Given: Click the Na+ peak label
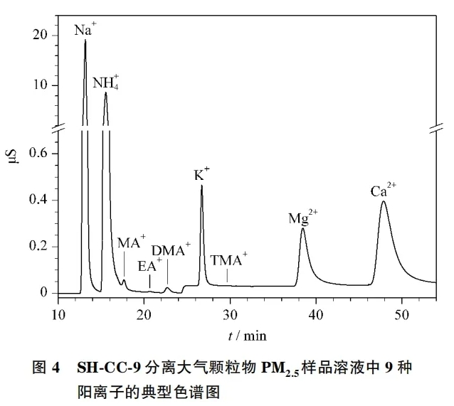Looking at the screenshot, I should (85, 30).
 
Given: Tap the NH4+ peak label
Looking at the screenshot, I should (106, 82).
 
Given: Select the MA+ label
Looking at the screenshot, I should (131, 242).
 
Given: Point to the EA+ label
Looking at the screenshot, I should (149, 266).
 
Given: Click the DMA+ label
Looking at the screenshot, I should (171, 250).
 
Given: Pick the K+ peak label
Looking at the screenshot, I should (202, 175).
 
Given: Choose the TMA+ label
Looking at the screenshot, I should (229, 260).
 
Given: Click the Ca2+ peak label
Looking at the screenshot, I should (383, 191).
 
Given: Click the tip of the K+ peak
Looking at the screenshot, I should (201, 186).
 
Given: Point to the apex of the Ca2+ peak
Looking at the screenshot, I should (384, 202).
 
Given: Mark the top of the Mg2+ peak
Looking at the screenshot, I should (302, 228).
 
